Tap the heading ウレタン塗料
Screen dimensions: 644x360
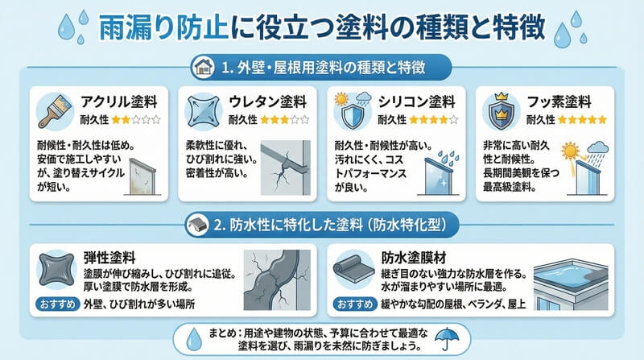pos(268,102)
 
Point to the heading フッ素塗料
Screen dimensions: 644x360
pos(559,102)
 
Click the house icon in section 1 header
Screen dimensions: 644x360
pos(204,67)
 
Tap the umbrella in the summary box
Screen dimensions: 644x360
pos(447,338)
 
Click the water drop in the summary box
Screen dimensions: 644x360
pos(194,339)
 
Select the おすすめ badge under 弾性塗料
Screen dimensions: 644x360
pos(57,304)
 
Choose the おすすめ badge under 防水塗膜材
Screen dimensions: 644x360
pos(354,304)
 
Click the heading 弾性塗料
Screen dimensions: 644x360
pos(109,258)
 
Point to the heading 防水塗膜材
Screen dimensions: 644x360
pos(414,258)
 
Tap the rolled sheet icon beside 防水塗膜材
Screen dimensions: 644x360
pos(353,269)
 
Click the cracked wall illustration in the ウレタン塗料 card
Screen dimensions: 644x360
pos(286,168)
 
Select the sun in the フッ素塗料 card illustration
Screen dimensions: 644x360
pos(571,151)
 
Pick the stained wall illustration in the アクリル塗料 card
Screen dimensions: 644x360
pos(142,176)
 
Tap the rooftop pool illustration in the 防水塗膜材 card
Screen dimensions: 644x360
pos(571,284)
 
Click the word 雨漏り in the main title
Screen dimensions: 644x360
pos(135,28)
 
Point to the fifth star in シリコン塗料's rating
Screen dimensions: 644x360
pos(453,120)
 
